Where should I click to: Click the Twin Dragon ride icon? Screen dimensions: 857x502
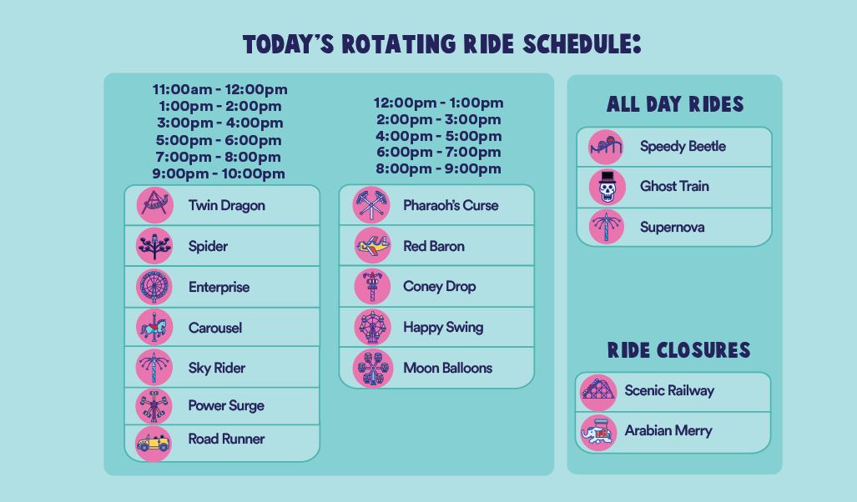click(x=154, y=205)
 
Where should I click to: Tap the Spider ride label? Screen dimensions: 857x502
click(x=208, y=246)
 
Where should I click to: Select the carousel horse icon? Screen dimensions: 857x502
click(x=154, y=327)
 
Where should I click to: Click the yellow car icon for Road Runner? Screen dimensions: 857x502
click(x=153, y=443)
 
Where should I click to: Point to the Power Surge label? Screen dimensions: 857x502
click(x=226, y=406)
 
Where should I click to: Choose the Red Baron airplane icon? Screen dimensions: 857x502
click(x=372, y=246)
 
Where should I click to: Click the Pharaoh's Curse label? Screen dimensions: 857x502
click(x=451, y=205)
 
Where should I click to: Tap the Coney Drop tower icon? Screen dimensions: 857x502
click(x=372, y=286)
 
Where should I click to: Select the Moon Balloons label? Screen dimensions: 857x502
click(x=447, y=368)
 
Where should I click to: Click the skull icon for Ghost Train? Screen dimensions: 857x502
click(x=607, y=187)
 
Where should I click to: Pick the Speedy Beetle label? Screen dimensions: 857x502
click(x=683, y=147)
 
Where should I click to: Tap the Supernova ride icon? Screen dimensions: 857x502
click(x=607, y=227)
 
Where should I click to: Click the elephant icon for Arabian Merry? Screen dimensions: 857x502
click(x=598, y=433)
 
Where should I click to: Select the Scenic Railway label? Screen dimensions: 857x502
click(x=669, y=390)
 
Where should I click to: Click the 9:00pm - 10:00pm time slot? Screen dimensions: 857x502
click(x=219, y=174)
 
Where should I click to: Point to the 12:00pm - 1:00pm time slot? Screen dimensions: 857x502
click(x=438, y=103)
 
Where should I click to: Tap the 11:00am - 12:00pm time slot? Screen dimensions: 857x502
click(x=219, y=89)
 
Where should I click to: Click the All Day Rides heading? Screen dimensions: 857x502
click(x=675, y=104)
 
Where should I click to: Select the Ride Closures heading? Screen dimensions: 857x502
click(x=678, y=350)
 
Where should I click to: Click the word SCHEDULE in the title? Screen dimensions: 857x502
click(x=582, y=44)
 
